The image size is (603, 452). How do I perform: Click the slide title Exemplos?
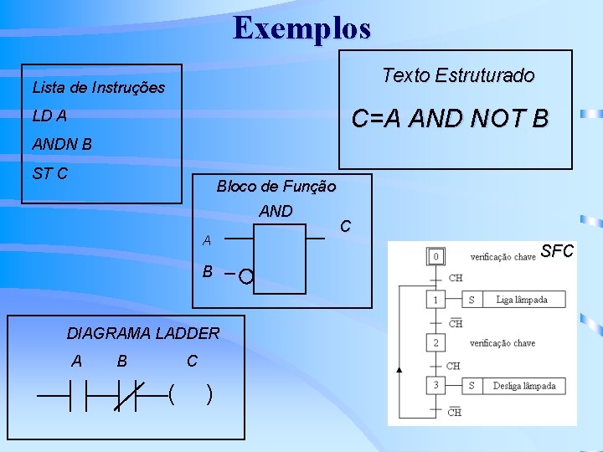[301, 28]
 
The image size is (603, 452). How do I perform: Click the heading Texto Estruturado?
[457, 75]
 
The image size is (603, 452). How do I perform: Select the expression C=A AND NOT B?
[450, 119]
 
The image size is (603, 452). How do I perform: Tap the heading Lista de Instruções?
[98, 87]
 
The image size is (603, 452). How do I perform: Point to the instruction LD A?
[49, 116]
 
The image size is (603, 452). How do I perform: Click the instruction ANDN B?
[62, 144]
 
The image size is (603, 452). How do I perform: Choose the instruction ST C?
[50, 173]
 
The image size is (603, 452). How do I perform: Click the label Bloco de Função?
[276, 186]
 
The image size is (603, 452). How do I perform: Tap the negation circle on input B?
[245, 275]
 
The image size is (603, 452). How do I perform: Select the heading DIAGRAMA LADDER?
[143, 333]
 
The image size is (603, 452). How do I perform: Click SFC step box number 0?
[435, 255]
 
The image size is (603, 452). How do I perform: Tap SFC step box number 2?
[435, 343]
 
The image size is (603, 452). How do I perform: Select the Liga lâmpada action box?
[522, 299]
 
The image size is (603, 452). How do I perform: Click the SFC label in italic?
[557, 250]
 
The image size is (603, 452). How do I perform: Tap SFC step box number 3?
[435, 386]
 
